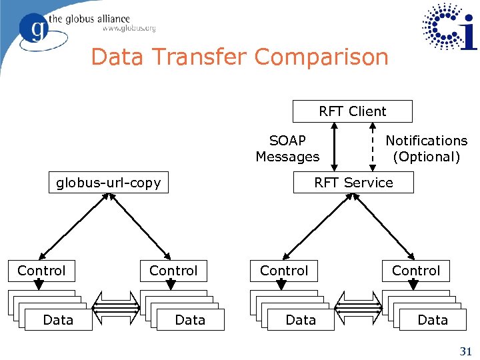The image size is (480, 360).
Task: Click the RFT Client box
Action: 353,111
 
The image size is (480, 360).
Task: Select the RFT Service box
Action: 353,183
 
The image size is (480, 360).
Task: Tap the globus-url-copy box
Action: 109,183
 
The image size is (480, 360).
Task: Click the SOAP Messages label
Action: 287,149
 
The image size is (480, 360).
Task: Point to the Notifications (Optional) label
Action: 427,149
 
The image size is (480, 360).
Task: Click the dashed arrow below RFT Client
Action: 371,147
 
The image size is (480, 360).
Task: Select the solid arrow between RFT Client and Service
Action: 335,147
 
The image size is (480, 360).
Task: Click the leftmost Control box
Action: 41,271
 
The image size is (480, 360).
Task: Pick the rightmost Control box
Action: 416,271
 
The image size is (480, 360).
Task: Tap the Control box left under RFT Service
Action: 284,271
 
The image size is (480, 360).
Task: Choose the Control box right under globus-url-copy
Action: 173,271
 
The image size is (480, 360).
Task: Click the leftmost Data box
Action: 58,320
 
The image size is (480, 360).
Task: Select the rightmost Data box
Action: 433,320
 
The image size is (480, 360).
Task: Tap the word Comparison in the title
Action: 321,57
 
